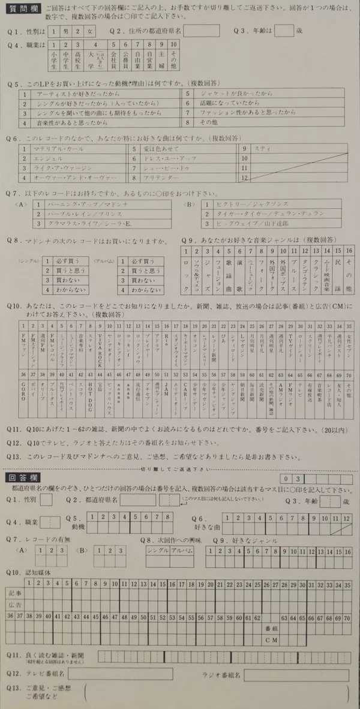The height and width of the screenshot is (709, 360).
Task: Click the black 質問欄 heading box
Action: click(20, 12)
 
